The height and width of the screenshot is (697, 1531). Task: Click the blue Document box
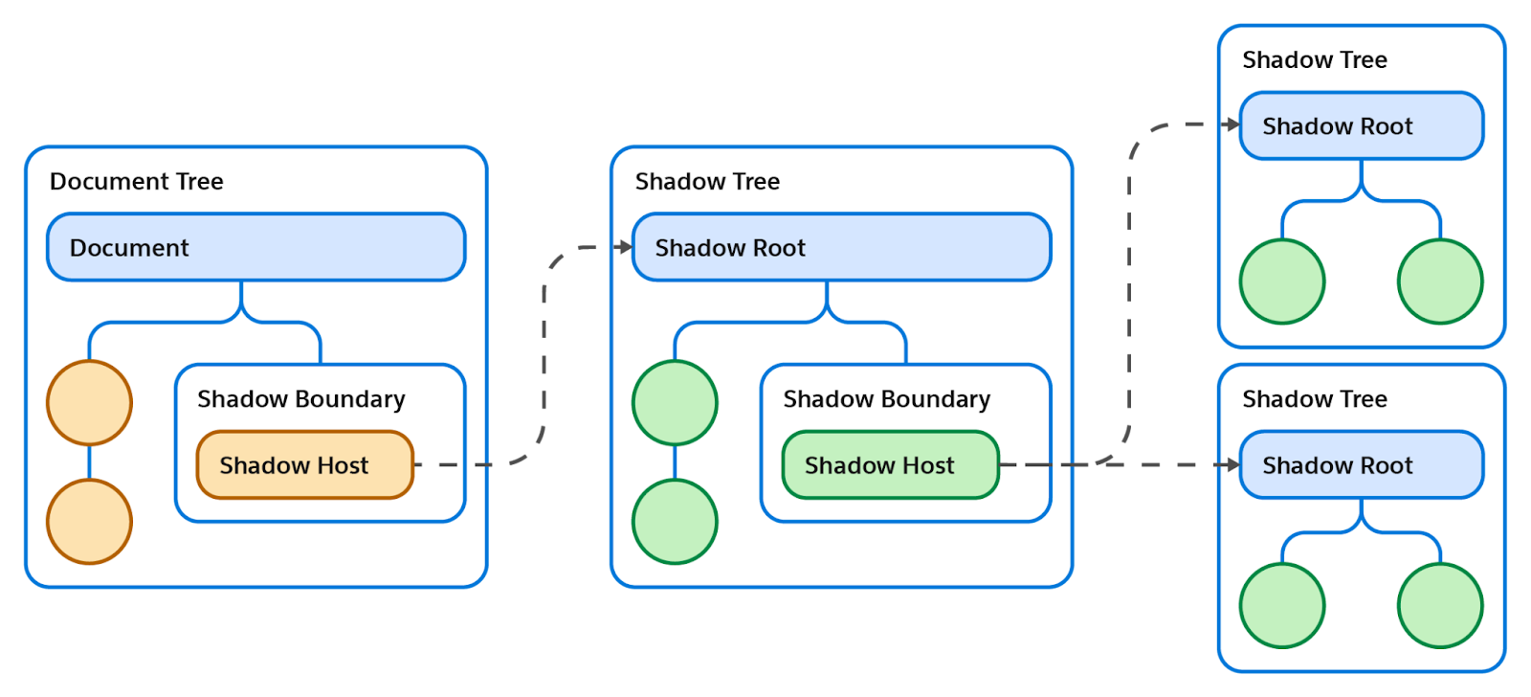point(256,247)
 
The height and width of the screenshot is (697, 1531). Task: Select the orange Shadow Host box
point(305,464)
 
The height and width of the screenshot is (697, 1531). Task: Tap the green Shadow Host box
point(891,464)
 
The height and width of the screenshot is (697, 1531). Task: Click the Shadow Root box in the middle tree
point(841,247)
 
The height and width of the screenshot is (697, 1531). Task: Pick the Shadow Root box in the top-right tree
point(1362,125)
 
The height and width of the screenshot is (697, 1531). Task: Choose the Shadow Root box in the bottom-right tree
point(1362,464)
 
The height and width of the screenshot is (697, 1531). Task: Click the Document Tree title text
point(137,181)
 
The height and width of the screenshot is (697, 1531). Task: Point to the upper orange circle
point(90,403)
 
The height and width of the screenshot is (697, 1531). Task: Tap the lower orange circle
point(90,522)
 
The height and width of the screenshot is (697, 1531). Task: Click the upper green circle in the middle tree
point(676,403)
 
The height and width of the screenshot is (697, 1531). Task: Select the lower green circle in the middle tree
point(676,522)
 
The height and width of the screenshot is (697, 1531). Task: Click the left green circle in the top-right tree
point(1283,281)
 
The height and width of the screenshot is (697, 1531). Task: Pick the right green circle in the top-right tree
point(1441,281)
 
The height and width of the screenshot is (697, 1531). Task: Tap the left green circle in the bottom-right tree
point(1283,605)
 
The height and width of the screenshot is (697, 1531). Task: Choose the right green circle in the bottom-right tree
point(1441,605)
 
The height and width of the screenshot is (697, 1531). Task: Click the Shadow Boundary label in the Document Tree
point(301,399)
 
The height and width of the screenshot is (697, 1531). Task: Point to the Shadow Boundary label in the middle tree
point(887,399)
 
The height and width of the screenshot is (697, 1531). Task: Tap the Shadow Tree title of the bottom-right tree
point(1315,399)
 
